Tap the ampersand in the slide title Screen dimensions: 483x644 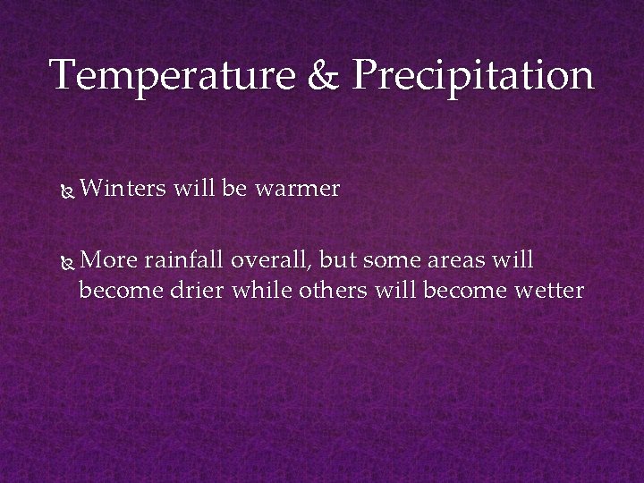324,76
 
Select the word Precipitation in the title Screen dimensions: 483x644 472,76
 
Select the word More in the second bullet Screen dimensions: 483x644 108,260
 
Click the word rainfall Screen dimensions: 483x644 184,260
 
